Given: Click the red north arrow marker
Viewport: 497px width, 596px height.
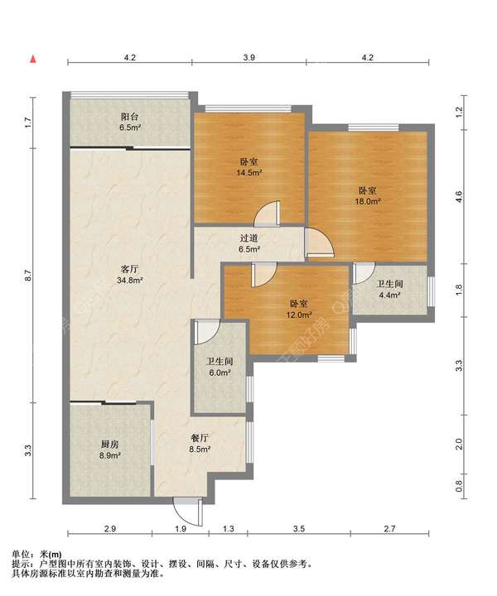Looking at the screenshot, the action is pyautogui.click(x=33, y=59).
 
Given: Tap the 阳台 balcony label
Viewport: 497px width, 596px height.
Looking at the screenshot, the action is pyautogui.click(x=130, y=117).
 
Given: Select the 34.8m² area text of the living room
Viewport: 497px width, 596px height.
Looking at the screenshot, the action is pyautogui.click(x=130, y=281).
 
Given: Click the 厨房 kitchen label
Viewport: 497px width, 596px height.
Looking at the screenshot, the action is pyautogui.click(x=110, y=444).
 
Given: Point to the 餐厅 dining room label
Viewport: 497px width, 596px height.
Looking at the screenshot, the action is pyautogui.click(x=200, y=438).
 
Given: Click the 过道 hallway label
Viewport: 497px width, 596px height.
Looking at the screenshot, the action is pyautogui.click(x=249, y=238).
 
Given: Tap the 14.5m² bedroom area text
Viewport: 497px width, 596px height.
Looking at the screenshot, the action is pyautogui.click(x=249, y=173).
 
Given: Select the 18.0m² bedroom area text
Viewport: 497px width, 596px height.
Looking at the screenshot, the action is pyautogui.click(x=368, y=201).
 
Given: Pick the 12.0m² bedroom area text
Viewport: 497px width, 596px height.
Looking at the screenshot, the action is pyautogui.click(x=299, y=315).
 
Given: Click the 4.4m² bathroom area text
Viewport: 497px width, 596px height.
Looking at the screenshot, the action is pyautogui.click(x=390, y=295).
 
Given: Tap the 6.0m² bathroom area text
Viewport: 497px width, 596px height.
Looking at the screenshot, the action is pyautogui.click(x=220, y=372).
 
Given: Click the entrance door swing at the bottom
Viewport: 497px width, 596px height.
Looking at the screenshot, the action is pyautogui.click(x=188, y=512).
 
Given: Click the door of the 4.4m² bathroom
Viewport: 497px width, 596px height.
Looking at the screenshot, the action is pyautogui.click(x=364, y=273).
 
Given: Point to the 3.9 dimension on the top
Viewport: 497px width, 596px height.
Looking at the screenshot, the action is pyautogui.click(x=249, y=57).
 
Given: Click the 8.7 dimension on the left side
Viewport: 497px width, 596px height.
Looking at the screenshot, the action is pyautogui.click(x=27, y=276).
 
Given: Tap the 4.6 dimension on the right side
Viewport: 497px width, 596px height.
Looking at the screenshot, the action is pyautogui.click(x=459, y=196).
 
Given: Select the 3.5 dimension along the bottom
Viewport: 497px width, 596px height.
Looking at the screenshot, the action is pyautogui.click(x=299, y=528).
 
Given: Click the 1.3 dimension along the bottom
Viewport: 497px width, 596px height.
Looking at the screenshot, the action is pyautogui.click(x=228, y=528).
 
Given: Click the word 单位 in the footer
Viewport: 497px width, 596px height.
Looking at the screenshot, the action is pyautogui.click(x=21, y=555).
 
